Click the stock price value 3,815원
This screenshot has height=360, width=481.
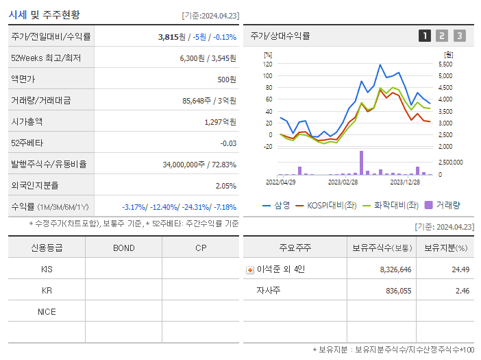tap(172, 37)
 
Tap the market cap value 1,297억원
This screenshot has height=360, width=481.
tap(220, 122)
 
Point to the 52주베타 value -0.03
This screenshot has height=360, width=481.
tap(228, 143)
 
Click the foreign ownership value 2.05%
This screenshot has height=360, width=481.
tap(225, 186)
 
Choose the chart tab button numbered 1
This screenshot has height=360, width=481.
tap(425, 36)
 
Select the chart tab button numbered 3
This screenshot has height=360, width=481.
tap(459, 36)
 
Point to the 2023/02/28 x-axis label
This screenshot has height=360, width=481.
tap(343, 182)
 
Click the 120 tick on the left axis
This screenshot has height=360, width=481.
tap(267, 64)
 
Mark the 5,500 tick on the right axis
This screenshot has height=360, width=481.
tap(445, 64)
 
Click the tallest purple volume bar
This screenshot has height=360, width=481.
tap(361, 163)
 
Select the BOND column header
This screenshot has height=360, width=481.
tap(123, 248)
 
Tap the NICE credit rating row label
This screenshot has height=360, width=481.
tap(47, 312)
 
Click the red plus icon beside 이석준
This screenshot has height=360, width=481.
tap(250, 269)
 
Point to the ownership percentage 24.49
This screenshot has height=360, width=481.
tap(460, 269)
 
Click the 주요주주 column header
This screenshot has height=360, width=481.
tap(295, 248)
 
